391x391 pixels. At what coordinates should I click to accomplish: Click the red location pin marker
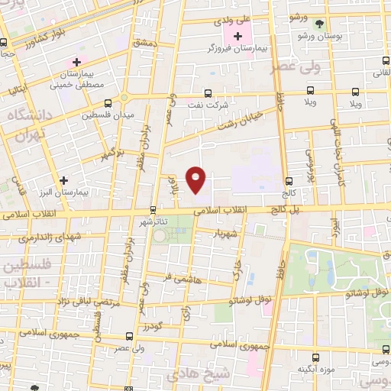(197, 179)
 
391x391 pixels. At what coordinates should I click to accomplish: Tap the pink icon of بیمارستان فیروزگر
(238, 37)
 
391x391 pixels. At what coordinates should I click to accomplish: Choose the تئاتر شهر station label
(152, 221)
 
